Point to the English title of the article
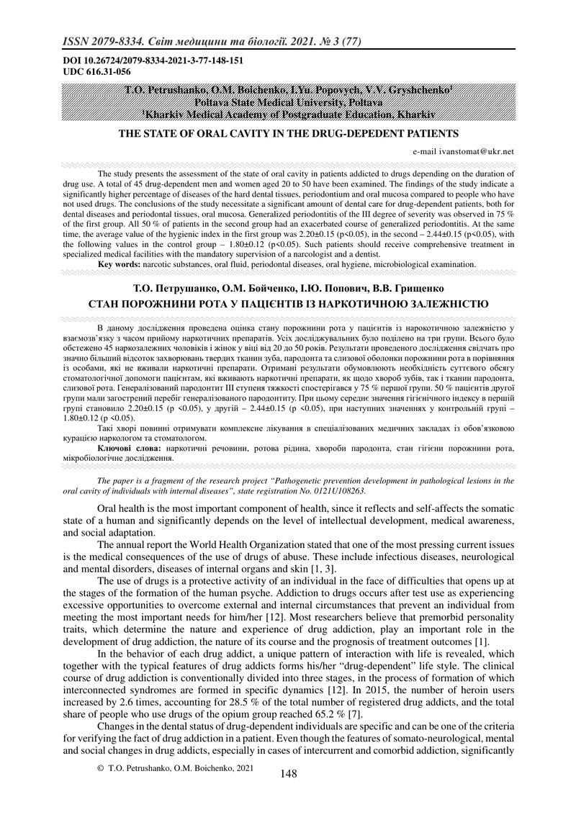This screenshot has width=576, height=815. click(x=287, y=133)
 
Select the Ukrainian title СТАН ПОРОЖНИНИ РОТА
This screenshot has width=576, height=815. click(x=287, y=305)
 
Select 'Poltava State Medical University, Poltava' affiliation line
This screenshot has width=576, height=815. click(x=288, y=102)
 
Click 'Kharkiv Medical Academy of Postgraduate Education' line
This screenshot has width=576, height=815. click(x=288, y=113)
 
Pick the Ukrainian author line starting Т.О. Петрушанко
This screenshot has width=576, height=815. click(x=287, y=289)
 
